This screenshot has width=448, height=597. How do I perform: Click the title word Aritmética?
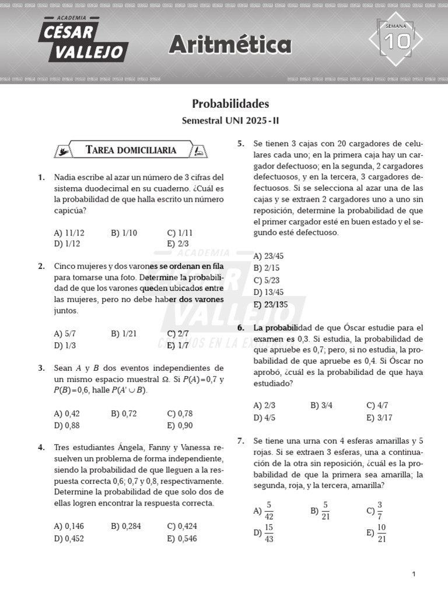tap(230, 44)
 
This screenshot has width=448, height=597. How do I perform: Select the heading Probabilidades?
tap(230, 104)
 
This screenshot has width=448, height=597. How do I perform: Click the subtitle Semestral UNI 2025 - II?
tap(230, 121)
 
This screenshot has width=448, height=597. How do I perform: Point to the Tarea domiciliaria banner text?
tap(131, 150)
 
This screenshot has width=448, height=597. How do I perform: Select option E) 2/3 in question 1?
tap(178, 244)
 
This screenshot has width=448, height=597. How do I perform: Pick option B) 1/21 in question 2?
tap(123, 334)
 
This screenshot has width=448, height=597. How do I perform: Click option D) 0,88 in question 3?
tap(66, 425)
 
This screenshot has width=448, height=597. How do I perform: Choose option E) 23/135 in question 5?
tap(271, 304)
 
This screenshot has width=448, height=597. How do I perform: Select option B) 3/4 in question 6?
tap(321, 406)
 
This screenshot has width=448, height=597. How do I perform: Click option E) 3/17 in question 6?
tap(379, 417)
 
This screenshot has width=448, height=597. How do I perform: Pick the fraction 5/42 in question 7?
tap(268, 510)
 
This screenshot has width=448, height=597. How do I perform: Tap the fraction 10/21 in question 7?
tap(381, 532)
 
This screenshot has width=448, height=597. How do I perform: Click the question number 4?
tap(41, 448)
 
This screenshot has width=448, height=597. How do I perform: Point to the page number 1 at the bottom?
tap(414, 574)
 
